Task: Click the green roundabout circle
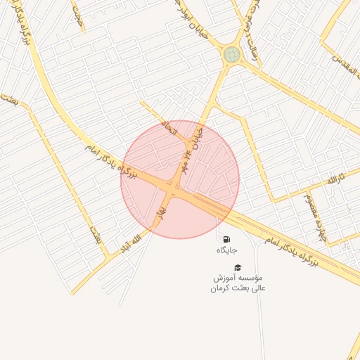coord(231,54)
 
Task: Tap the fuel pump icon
coord(226,238)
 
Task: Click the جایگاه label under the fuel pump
coord(226,250)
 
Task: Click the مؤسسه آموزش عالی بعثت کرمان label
coord(238,283)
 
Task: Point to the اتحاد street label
coord(170,128)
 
